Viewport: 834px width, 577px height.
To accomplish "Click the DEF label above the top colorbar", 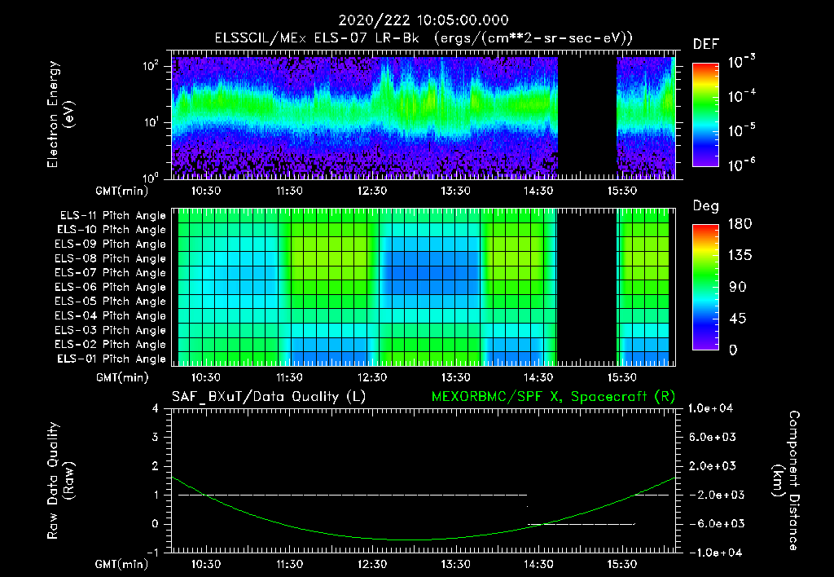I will pos(705,44).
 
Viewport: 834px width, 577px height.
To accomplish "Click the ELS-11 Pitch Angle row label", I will pos(112,216).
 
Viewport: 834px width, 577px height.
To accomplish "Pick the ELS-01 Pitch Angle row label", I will pos(112,359).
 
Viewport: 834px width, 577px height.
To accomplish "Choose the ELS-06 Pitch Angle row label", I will pos(112,287).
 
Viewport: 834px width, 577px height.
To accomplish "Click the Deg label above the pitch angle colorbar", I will pos(705,206).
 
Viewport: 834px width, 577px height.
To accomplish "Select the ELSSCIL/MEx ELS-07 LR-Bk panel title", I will pos(424,38).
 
